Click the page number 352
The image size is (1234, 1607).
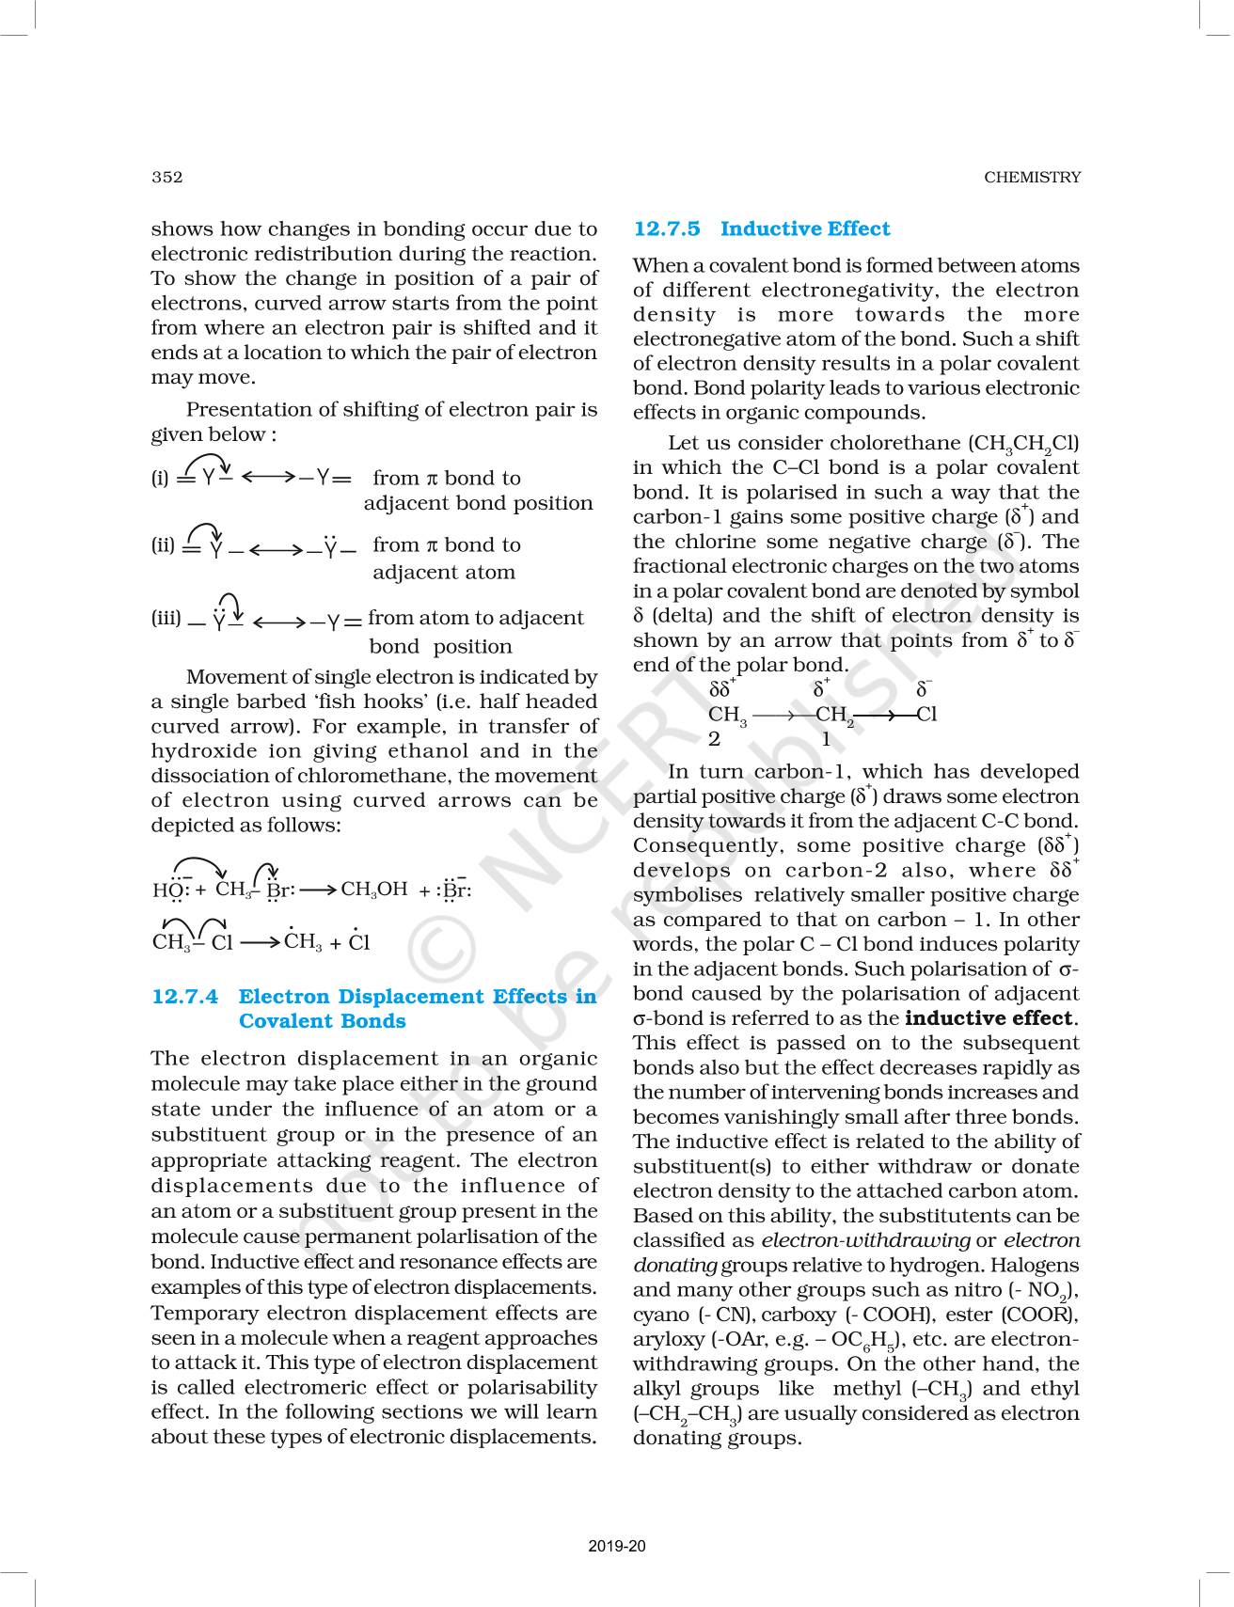(x=166, y=177)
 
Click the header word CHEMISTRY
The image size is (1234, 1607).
(x=1032, y=177)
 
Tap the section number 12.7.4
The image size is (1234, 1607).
(x=185, y=997)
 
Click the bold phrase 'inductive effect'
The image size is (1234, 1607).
(x=988, y=1018)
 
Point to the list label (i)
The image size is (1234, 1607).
(x=160, y=478)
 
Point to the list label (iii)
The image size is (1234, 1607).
(x=166, y=619)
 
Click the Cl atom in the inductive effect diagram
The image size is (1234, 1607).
(x=926, y=715)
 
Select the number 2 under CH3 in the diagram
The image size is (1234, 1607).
(x=715, y=739)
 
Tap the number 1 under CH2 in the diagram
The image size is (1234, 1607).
(x=826, y=739)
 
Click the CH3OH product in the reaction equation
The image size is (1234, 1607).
(x=373, y=890)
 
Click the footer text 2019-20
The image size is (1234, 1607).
(x=617, y=1546)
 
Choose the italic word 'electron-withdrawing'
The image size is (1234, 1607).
(x=865, y=1240)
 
